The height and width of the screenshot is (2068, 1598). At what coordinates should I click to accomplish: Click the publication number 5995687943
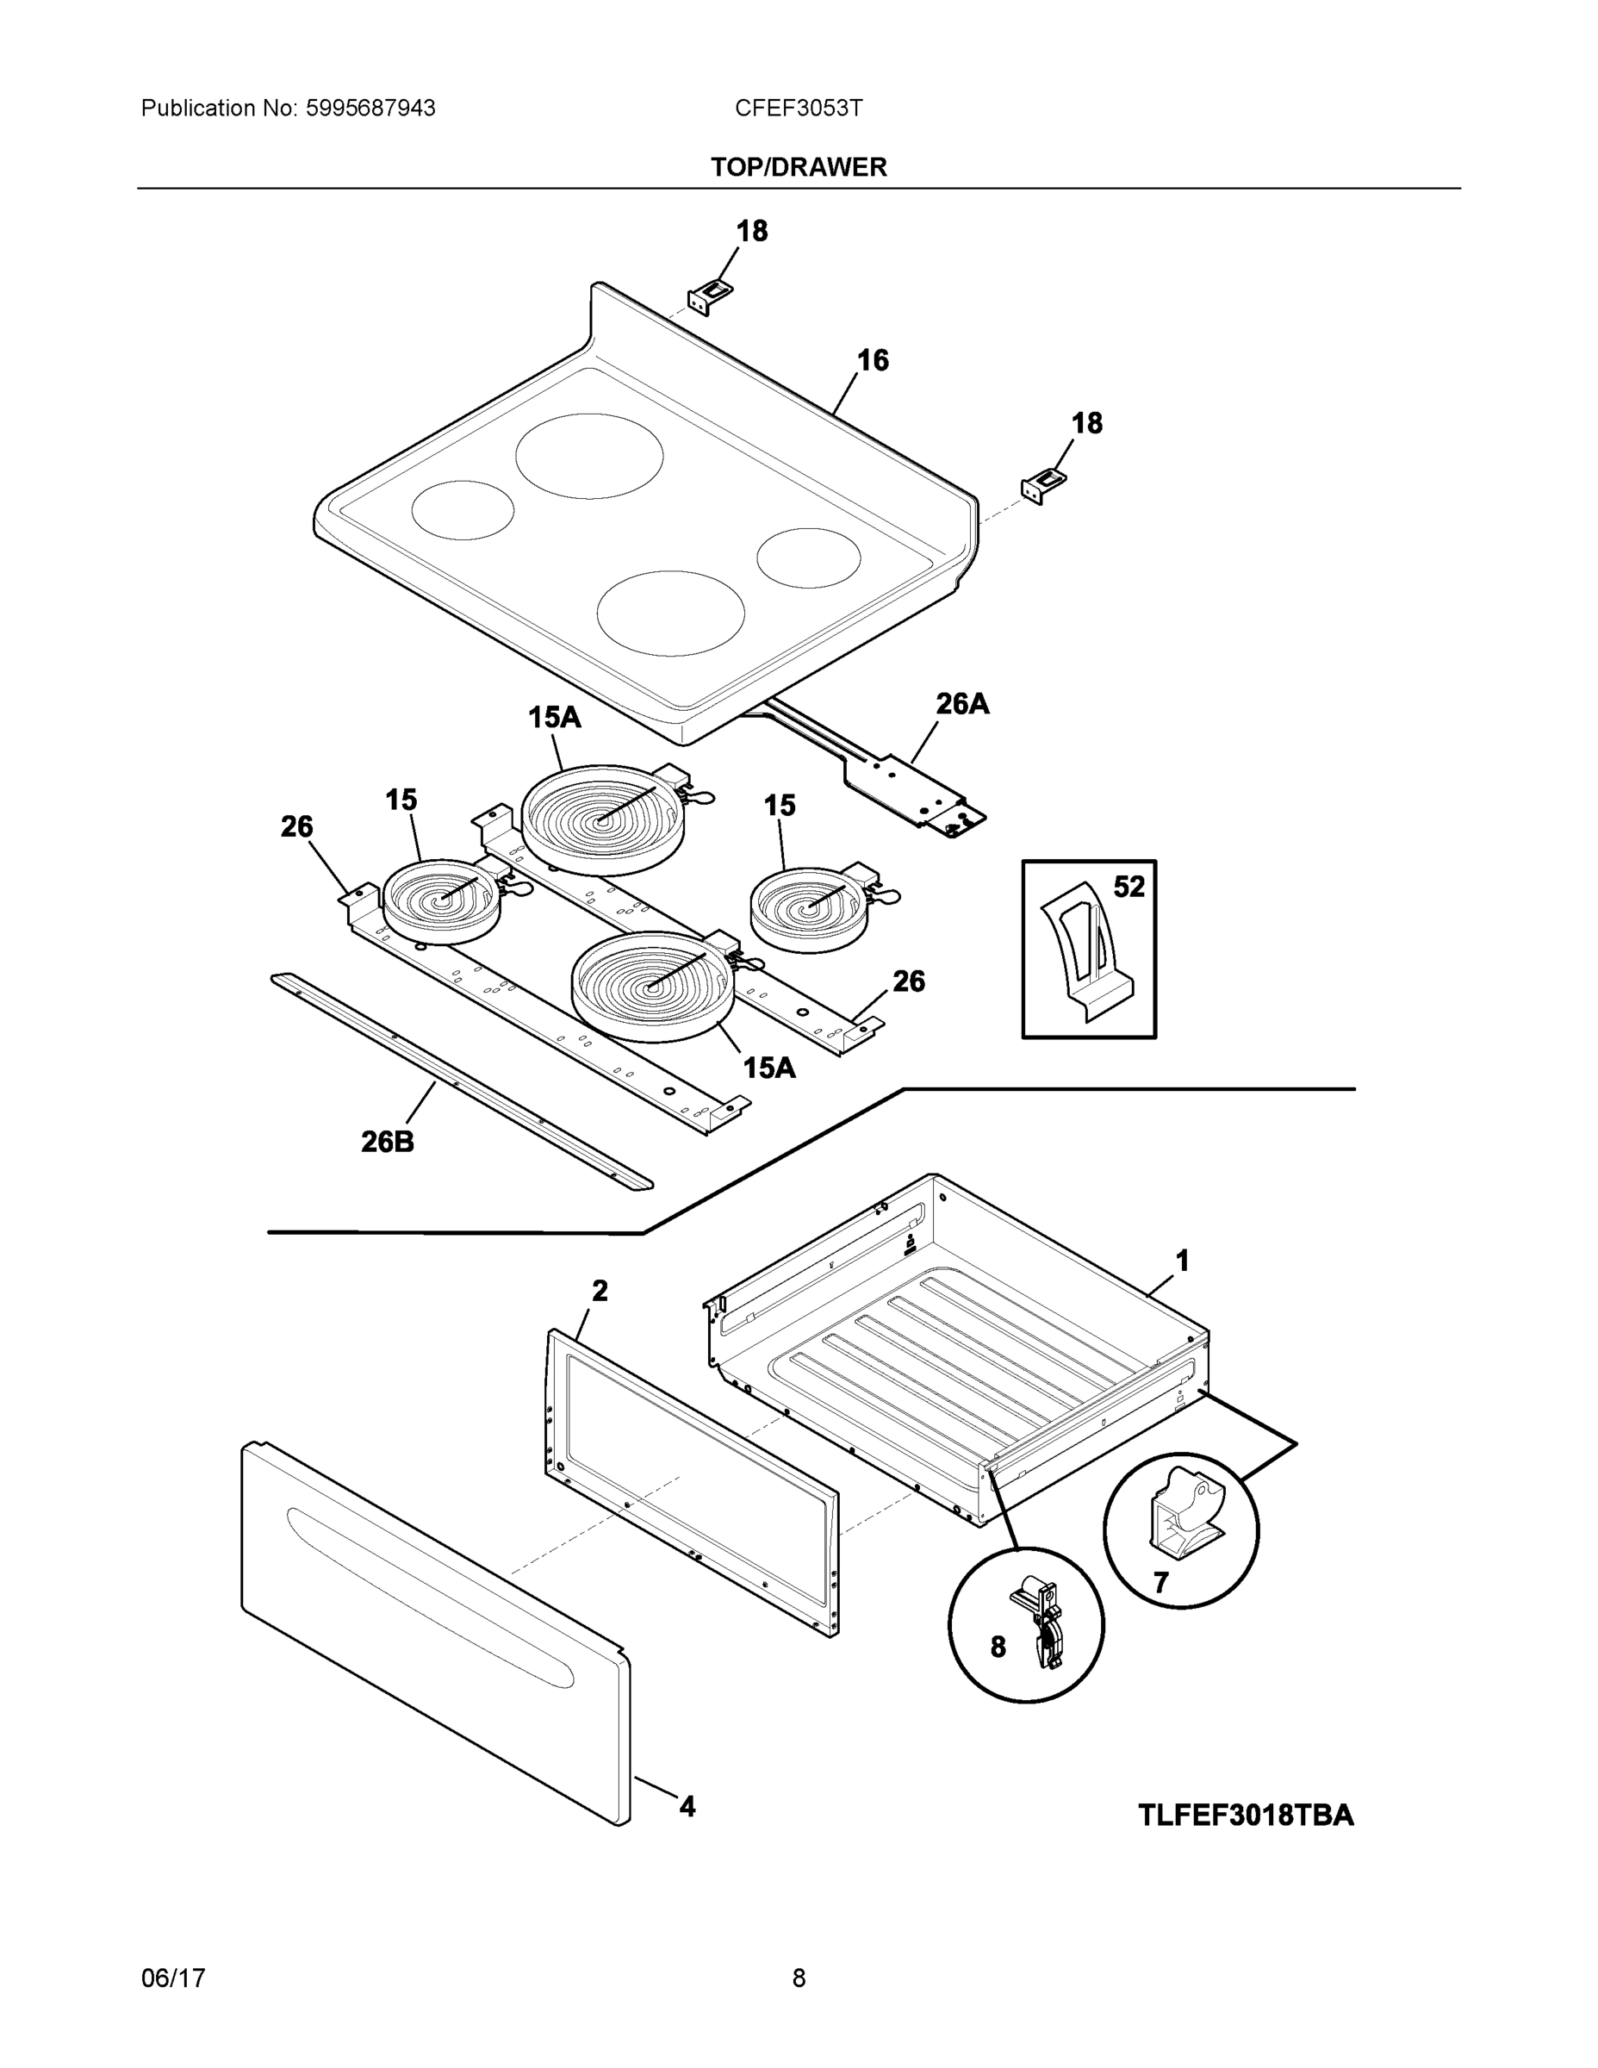370,108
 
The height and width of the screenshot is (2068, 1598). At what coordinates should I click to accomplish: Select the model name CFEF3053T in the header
798,108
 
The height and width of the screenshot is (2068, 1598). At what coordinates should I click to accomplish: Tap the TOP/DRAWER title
798,168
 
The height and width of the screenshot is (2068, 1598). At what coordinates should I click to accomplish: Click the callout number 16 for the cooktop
872,361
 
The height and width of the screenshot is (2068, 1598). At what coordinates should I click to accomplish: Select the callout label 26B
387,1142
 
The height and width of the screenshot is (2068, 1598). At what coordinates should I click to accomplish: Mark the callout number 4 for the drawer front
687,1807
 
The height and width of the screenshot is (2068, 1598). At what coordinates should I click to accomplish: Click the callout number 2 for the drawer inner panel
600,1291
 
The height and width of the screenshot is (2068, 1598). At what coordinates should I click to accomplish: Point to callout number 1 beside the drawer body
1181,1261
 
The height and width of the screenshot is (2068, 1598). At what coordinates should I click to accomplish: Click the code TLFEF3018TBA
1245,1816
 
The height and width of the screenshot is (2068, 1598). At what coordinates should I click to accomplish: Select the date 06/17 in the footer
173,1978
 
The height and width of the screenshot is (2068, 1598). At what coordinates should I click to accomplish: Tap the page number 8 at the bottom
798,1978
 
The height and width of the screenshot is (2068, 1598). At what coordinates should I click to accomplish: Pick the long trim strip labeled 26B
461,1082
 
